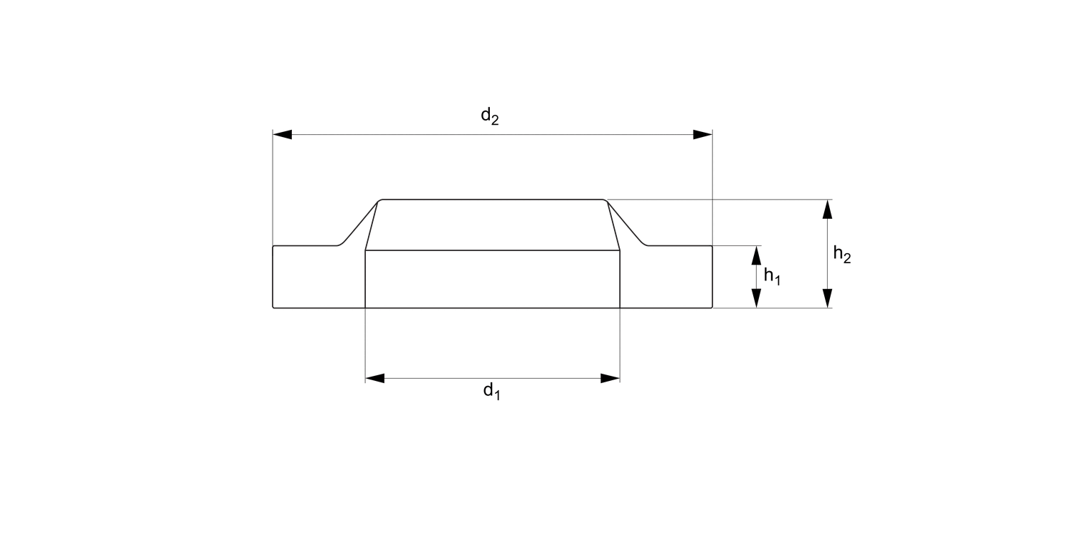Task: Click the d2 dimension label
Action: (x=489, y=116)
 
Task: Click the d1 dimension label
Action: (x=491, y=391)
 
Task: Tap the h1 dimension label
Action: (x=771, y=276)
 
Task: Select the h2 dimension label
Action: (x=841, y=254)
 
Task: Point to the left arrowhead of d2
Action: (x=282, y=135)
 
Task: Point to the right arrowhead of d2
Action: (x=702, y=135)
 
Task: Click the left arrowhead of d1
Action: (x=374, y=378)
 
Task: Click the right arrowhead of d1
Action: (x=610, y=378)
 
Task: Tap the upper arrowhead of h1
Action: (x=756, y=255)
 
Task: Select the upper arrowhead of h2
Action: (x=827, y=209)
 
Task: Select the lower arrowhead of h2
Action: (x=827, y=298)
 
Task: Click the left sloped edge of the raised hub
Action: (x=359, y=222)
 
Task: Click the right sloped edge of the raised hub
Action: (x=627, y=222)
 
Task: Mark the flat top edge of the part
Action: (x=492, y=199)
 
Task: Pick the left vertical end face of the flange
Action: (x=273, y=277)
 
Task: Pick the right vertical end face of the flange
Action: (x=712, y=277)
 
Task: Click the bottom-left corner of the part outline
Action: (x=273, y=308)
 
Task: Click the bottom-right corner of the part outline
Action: (x=712, y=308)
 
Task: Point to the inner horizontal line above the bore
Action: (x=492, y=250)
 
